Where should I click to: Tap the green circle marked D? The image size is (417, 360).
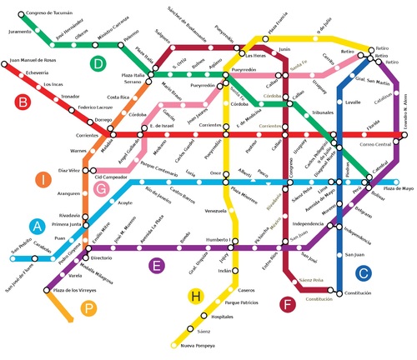(x=99, y=63)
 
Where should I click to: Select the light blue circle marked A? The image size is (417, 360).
(x=37, y=225)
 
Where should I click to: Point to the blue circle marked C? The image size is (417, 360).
(x=362, y=272)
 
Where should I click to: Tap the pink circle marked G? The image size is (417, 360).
(x=102, y=190)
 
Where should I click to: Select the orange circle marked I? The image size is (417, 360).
(x=41, y=179)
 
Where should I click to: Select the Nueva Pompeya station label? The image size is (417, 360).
(x=199, y=345)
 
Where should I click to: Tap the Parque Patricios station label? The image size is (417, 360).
(x=245, y=302)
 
